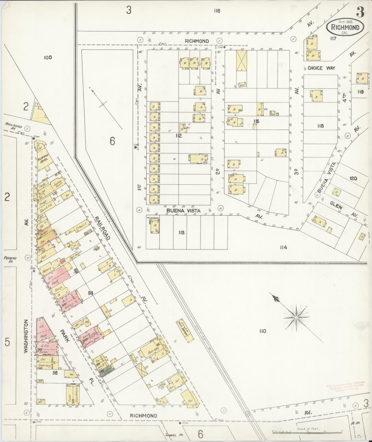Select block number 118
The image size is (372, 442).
click(x=320, y=126)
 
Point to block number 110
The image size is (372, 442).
click(x=263, y=331)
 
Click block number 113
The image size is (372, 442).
click(x=181, y=233)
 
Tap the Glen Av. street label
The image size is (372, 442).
click(x=342, y=209)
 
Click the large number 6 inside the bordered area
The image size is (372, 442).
click(x=112, y=141)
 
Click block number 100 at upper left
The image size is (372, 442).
click(x=48, y=57)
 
